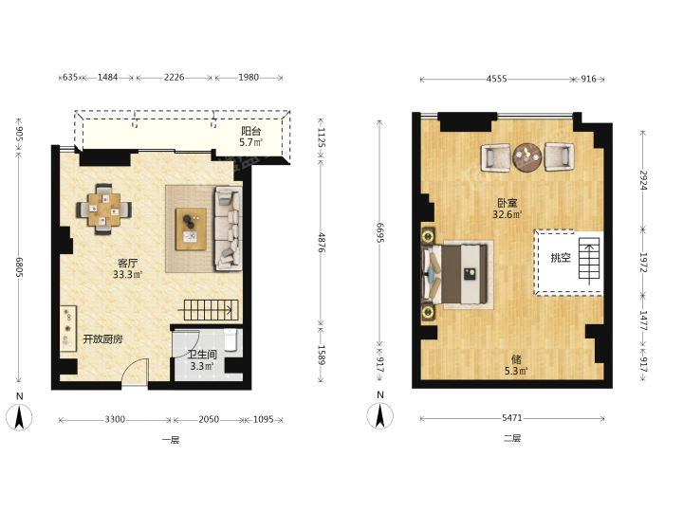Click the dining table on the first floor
coord(104,210)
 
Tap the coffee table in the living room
coord(191,229)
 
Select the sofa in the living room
coord(229,229)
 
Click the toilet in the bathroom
coord(231,339)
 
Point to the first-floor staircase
coord(210,310)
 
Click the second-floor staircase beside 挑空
coord(590,261)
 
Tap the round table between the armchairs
coord(527,156)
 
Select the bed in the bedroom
coord(456,274)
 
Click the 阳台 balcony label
coord(251,131)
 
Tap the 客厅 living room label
coord(128,264)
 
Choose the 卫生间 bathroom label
coord(202,355)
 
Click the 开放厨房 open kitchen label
coord(102,339)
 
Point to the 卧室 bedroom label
coord(508,203)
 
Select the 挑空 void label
coord(561,258)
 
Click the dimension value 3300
coord(115,420)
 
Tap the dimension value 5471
coord(512,418)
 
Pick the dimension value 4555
coord(496,79)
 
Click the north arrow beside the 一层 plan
coord(20,416)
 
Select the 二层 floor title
coord(512,438)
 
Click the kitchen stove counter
coord(68,328)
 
